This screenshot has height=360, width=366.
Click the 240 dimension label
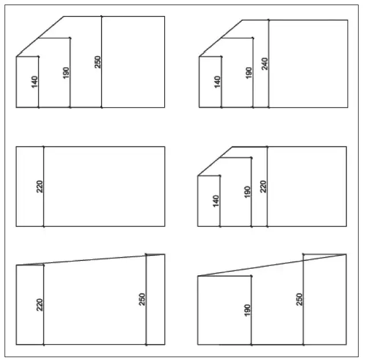click(x=265, y=64)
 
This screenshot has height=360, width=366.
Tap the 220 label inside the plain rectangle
click(x=40, y=186)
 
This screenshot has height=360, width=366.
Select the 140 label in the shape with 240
click(x=217, y=82)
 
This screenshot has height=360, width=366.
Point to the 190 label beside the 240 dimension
click(x=249, y=73)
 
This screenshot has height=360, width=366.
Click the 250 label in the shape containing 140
click(x=98, y=62)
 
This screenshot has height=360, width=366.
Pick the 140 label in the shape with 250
click(x=35, y=82)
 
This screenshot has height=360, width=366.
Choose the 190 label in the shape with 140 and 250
click(x=66, y=73)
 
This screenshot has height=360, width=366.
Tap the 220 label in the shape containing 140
click(x=263, y=186)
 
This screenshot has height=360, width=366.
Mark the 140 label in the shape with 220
click(x=216, y=201)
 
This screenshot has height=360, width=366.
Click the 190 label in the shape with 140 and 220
click(x=247, y=192)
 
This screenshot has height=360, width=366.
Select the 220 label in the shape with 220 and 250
click(x=40, y=305)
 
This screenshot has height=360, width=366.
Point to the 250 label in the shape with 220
click(x=142, y=300)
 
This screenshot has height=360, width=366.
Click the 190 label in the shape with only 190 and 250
click(x=247, y=310)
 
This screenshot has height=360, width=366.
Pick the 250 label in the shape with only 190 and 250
click(x=299, y=300)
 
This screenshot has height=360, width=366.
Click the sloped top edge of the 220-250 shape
click(x=90, y=260)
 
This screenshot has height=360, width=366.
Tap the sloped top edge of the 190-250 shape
click(x=272, y=265)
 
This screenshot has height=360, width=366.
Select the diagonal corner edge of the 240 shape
click(x=221, y=38)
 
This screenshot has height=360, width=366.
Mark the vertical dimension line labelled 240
click(x=269, y=64)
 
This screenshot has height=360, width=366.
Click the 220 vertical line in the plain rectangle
click(x=44, y=186)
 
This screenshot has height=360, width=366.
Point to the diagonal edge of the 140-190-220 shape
click(x=215, y=161)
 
